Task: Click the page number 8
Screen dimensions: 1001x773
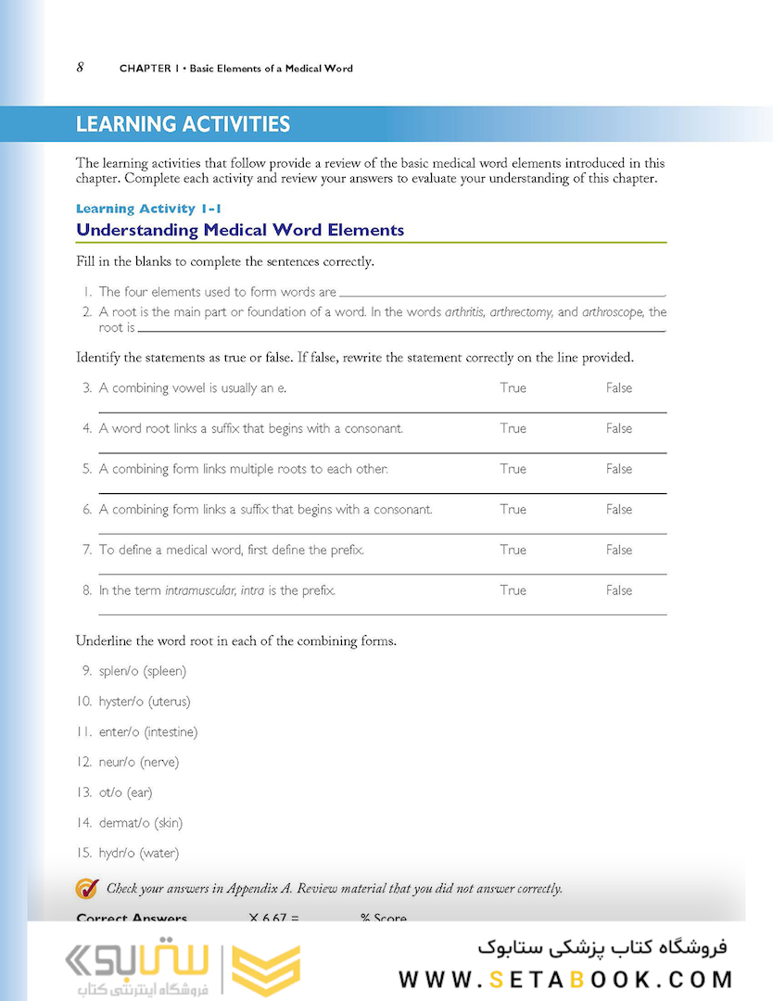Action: tap(81, 67)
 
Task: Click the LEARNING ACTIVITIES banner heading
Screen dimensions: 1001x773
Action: tap(183, 124)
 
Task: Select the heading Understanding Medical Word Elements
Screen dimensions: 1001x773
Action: tap(240, 230)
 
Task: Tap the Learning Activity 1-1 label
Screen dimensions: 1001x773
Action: tap(148, 209)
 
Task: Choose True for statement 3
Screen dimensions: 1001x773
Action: tap(513, 388)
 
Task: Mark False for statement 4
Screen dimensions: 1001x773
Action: tap(619, 428)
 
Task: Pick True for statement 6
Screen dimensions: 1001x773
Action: tap(513, 509)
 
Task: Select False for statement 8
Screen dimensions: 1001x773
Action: tap(619, 589)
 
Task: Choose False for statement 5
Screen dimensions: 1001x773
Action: tap(619, 469)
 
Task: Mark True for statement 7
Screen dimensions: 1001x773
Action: tap(513, 550)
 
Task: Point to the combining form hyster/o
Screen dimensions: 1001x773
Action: tap(121, 702)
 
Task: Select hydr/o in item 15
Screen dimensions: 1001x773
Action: tap(116, 853)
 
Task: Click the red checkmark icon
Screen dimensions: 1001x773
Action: tap(86, 888)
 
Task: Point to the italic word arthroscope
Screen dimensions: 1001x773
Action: tap(613, 312)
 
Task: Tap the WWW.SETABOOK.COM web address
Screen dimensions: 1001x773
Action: tap(565, 979)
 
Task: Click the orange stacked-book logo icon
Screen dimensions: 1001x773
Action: tap(266, 969)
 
